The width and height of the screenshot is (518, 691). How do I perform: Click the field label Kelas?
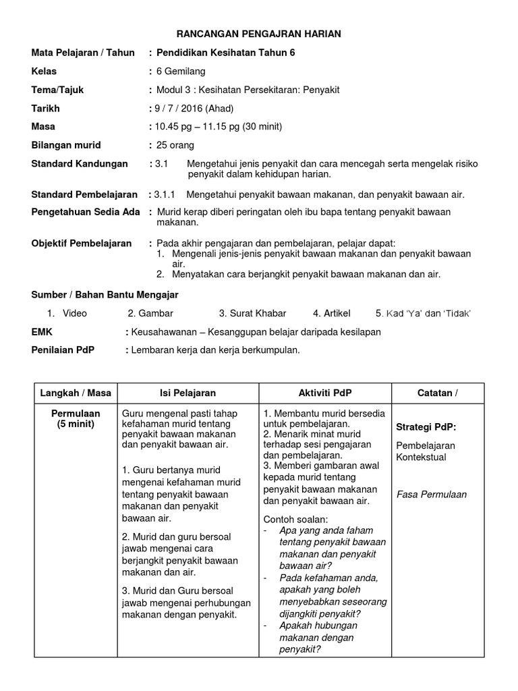pyautogui.click(x=45, y=71)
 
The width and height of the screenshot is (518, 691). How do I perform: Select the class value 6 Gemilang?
pyautogui.click(x=181, y=71)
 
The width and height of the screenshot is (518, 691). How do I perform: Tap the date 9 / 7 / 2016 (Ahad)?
pyautogui.click(x=194, y=108)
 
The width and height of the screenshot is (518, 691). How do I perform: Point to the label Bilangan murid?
pyautogui.click(x=66, y=145)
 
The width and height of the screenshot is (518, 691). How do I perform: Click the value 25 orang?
pyautogui.click(x=175, y=145)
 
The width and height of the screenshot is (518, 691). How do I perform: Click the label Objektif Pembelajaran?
pyautogui.click(x=82, y=243)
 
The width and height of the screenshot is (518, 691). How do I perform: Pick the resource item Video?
pyautogui.click(x=75, y=313)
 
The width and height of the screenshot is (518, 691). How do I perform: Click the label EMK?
pyautogui.click(x=42, y=332)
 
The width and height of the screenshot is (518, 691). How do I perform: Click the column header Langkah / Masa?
pyautogui.click(x=76, y=393)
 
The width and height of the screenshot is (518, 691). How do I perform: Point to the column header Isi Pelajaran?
pyautogui.click(x=188, y=393)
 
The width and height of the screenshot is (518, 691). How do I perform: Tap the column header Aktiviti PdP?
pyautogui.click(x=325, y=393)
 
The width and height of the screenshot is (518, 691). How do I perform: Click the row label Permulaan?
pyautogui.click(x=76, y=413)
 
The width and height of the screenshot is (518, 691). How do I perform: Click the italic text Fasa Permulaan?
pyautogui.click(x=432, y=494)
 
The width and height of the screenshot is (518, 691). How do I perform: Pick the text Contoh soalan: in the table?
pyautogui.click(x=295, y=519)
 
